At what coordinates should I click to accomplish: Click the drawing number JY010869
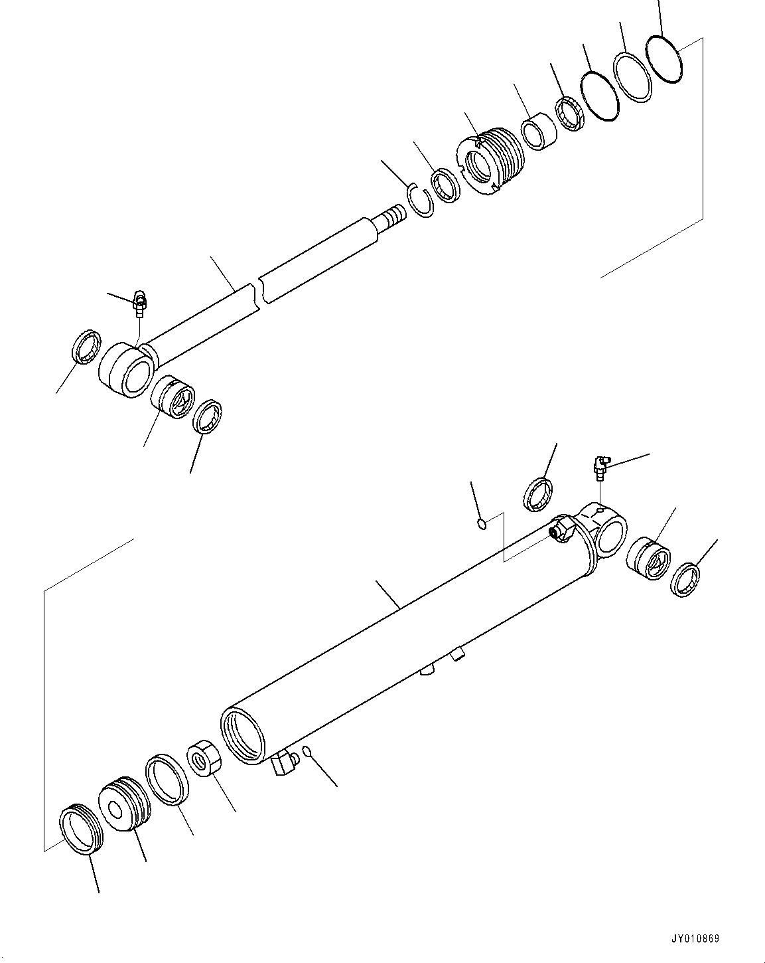(695, 939)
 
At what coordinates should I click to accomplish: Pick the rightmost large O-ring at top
(664, 59)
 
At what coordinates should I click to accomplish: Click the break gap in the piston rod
(258, 292)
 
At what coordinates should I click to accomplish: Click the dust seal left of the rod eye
(86, 346)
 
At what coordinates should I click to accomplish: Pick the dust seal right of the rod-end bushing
(207, 417)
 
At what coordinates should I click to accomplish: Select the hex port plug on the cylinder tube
(563, 530)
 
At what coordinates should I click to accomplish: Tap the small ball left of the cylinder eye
(483, 525)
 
